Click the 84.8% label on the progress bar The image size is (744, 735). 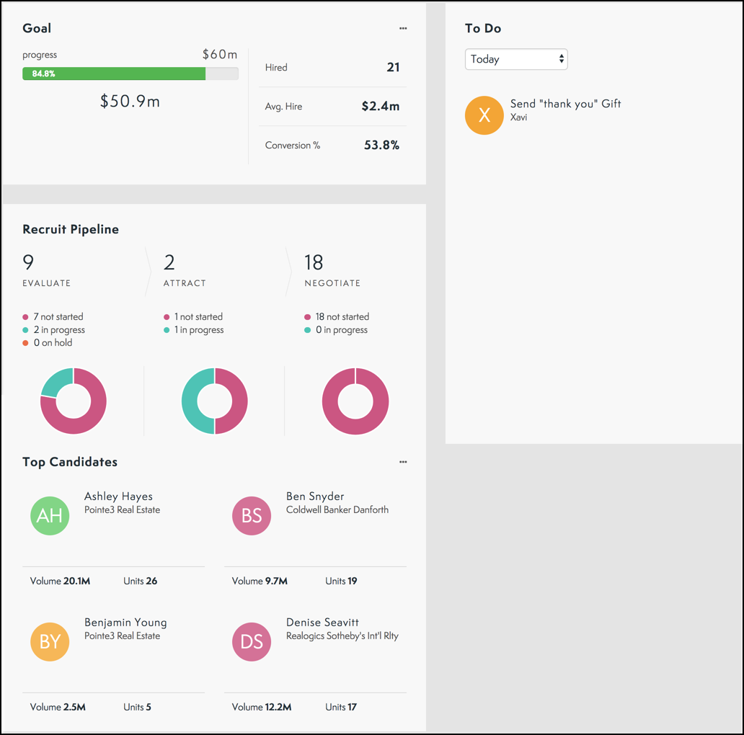(x=43, y=73)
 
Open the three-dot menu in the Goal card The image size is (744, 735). (x=403, y=29)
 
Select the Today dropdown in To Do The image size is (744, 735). (x=516, y=59)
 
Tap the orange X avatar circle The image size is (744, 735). (x=484, y=115)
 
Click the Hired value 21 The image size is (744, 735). (x=393, y=68)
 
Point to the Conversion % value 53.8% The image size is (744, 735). (x=381, y=146)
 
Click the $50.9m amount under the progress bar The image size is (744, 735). (x=130, y=102)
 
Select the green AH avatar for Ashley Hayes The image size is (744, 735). (x=50, y=515)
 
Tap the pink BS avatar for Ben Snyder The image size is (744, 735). (x=252, y=515)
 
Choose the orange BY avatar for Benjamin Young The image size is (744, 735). (x=50, y=641)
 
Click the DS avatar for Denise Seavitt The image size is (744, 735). (x=252, y=641)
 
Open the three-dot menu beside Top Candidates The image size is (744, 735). (x=403, y=463)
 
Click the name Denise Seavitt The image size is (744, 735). (x=322, y=623)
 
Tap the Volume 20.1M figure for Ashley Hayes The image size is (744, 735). (x=60, y=581)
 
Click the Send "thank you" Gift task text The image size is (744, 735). (x=565, y=104)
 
